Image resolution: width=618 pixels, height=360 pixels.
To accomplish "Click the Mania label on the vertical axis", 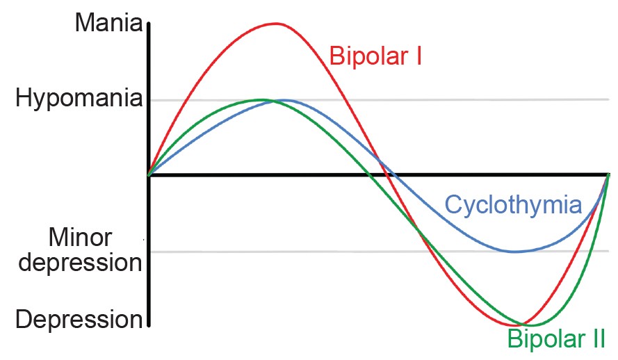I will point(108,24).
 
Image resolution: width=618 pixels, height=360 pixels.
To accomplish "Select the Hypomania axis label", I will point(79,100).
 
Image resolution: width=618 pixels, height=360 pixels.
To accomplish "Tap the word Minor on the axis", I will point(80,238).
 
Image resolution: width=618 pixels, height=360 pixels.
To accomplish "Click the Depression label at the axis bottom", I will point(79,320).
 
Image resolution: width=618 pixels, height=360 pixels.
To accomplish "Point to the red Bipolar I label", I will point(376,55).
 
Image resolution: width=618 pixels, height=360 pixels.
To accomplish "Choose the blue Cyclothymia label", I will point(513,204).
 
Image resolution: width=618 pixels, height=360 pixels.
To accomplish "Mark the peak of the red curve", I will point(276,24).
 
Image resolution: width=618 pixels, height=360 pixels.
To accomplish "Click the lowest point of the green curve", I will point(531,325).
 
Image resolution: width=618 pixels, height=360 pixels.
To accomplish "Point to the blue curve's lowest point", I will point(515,252).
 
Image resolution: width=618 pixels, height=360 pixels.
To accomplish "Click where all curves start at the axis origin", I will point(149,174).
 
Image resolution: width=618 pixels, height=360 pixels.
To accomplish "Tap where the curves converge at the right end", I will point(608,174).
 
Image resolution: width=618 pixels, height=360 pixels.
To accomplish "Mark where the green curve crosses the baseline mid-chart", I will point(368,174).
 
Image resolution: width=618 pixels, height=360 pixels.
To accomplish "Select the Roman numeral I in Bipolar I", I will point(419,55).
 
